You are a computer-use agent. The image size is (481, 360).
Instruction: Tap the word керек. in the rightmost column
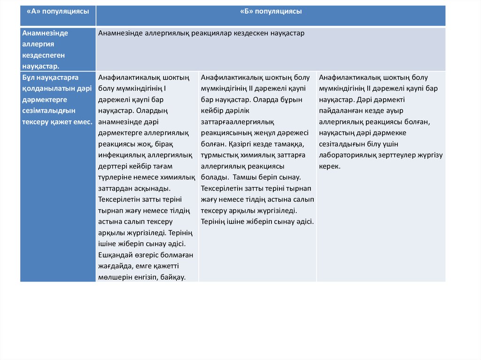[x=330, y=166]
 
